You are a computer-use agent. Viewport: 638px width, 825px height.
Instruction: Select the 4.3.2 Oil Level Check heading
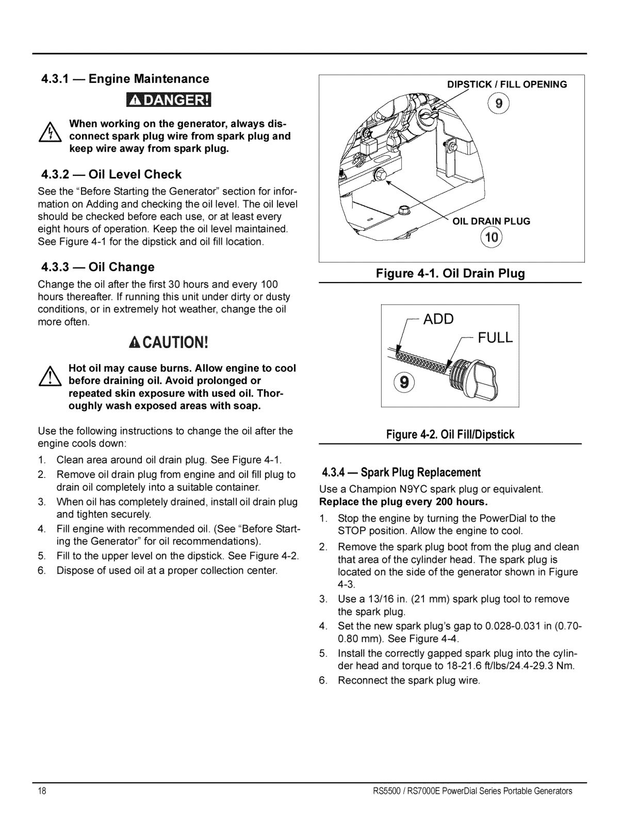point(111,174)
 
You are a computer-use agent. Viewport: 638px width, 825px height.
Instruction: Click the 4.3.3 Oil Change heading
point(98,267)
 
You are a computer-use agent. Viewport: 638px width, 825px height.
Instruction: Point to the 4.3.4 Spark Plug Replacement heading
point(401,472)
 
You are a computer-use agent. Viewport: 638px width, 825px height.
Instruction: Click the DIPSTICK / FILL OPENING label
point(507,85)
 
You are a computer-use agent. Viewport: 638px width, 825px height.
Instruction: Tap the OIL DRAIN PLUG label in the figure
point(491,221)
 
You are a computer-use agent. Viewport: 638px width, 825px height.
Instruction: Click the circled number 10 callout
point(491,238)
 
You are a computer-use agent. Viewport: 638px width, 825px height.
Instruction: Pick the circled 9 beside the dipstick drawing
point(402,383)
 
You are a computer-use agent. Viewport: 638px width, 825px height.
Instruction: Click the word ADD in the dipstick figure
point(438,320)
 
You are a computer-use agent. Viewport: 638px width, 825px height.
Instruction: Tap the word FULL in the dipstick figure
point(495,338)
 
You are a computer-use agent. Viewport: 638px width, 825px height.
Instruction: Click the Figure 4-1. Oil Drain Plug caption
point(450,274)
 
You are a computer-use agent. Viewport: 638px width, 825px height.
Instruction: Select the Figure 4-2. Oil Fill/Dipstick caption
point(450,435)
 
